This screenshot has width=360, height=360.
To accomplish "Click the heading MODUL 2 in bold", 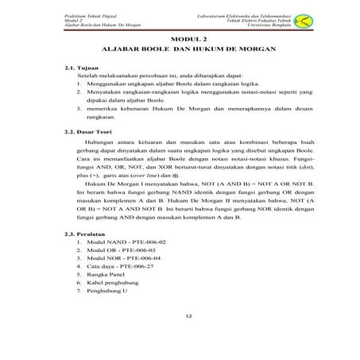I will [x=188, y=38].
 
